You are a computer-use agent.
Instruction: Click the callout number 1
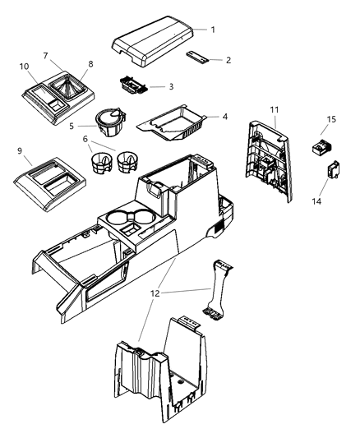pyautogui.click(x=213, y=30)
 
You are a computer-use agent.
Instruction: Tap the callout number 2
pyautogui.click(x=217, y=60)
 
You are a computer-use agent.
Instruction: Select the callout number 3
pyautogui.click(x=170, y=85)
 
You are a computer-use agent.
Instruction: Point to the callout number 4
pyautogui.click(x=224, y=117)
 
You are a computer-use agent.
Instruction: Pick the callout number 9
pyautogui.click(x=19, y=151)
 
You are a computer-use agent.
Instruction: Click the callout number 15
pyautogui.click(x=332, y=119)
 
